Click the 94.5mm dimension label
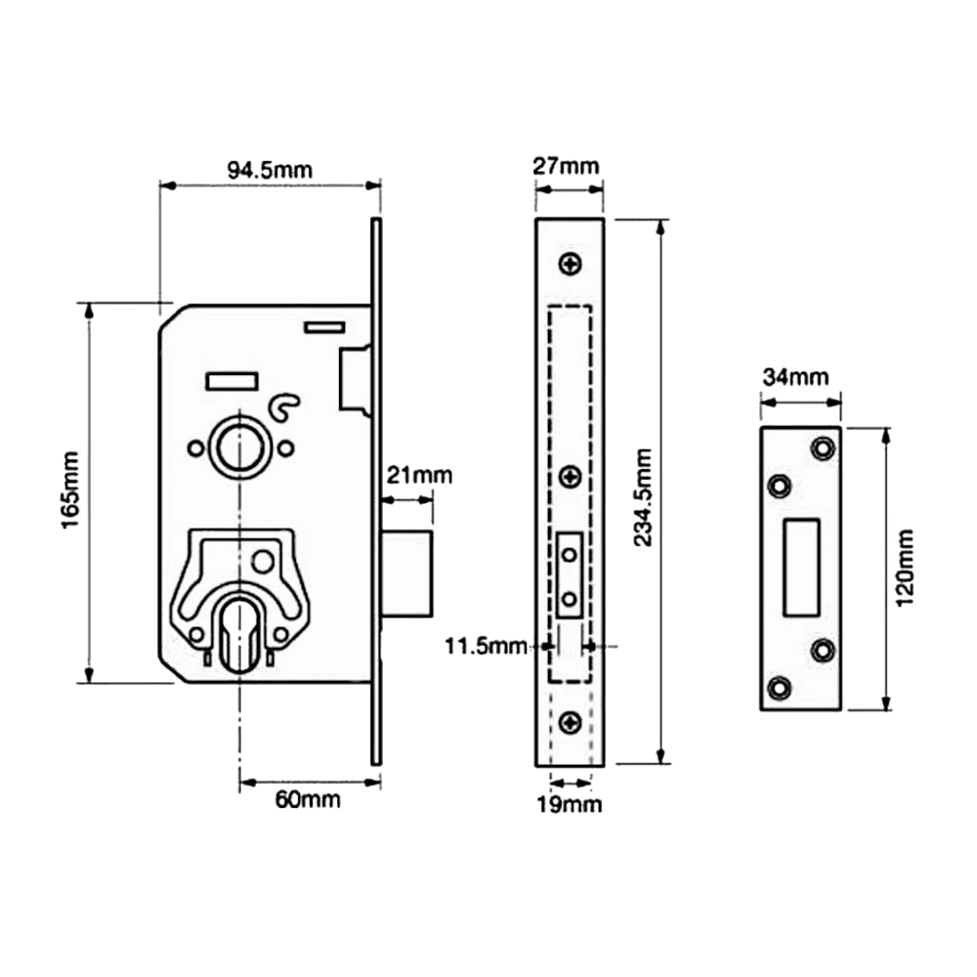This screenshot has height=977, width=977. click(271, 170)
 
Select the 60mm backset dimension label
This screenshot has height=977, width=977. click(308, 800)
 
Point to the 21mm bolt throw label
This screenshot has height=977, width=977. click(418, 477)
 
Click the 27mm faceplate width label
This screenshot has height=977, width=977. click(566, 166)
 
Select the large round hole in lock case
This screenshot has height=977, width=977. click(237, 445)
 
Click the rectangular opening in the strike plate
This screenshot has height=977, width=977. click(800, 567)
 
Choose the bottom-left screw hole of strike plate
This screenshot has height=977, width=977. click(779, 687)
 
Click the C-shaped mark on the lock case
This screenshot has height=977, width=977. click(283, 409)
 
